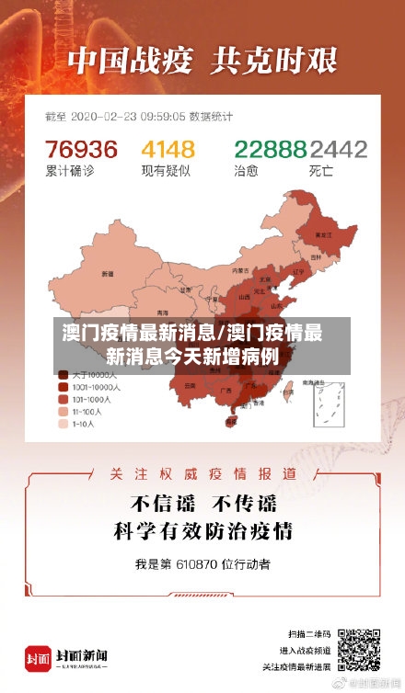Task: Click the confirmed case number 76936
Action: pos(82,149)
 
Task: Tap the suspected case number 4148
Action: pos(168,149)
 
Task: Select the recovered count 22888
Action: pos(270,149)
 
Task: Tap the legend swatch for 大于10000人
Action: pos(63,375)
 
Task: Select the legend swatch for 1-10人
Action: pos(63,425)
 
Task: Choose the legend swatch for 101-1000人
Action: pos(63,400)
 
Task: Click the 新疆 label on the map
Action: pos(108,274)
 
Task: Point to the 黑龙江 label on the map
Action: pos(323,235)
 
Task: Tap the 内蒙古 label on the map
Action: pos(240,270)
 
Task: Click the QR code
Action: pos(358,648)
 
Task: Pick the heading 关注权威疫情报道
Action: pos(202,474)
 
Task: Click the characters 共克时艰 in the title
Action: pos(274,61)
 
